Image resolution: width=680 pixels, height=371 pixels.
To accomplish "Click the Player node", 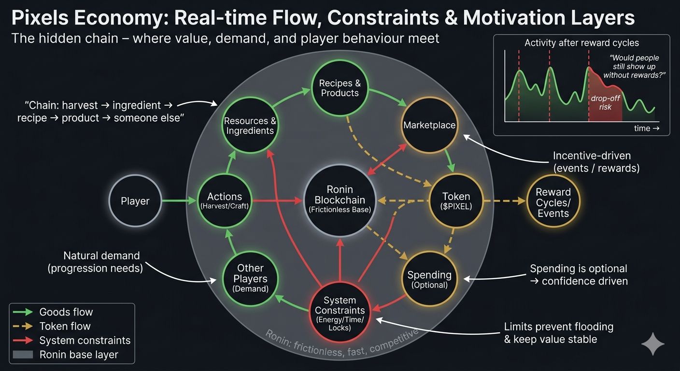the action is tap(135, 201).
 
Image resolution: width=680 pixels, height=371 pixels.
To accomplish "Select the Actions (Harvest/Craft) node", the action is tap(224, 201).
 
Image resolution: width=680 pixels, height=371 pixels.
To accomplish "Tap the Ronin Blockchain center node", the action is tap(340, 200).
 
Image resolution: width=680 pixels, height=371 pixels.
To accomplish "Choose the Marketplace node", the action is tap(429, 125).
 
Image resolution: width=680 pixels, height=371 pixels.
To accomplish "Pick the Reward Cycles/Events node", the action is tap(553, 202).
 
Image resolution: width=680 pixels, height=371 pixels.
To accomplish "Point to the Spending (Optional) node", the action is tap(429, 279).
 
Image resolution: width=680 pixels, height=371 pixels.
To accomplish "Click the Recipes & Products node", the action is tap(340, 88).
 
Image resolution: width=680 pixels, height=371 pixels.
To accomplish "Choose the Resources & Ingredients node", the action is tap(250, 125).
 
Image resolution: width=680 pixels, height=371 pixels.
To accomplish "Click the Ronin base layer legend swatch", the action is tap(23, 355).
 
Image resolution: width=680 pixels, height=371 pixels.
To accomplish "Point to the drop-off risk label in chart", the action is tap(605, 102).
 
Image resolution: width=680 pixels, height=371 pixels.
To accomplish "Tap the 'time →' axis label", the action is tap(646, 128).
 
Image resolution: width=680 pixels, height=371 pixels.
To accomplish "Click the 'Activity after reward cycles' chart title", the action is tap(581, 43).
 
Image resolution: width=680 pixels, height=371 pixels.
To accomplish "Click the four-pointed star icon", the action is tap(653, 343).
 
